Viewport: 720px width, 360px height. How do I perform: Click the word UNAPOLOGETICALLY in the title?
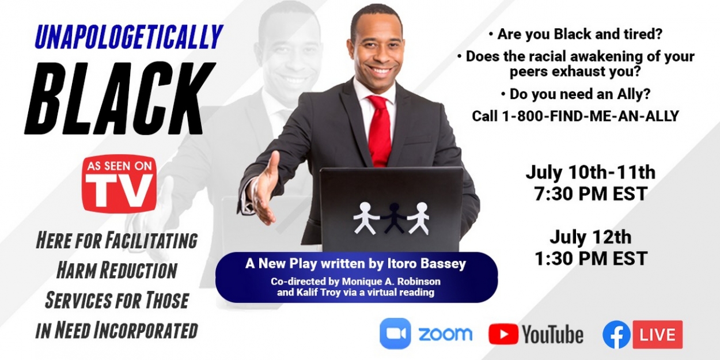(x=128, y=37)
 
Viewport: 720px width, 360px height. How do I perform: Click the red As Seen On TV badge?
(x=119, y=183)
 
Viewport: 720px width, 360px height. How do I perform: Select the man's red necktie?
(x=380, y=130)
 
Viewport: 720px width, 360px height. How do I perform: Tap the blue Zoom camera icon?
(x=395, y=334)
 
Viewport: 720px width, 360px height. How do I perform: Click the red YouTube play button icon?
(x=503, y=334)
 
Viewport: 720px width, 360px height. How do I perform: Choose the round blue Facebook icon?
(x=616, y=335)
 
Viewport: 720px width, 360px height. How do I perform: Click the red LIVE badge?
(x=657, y=335)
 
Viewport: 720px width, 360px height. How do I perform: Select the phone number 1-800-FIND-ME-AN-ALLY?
(x=575, y=116)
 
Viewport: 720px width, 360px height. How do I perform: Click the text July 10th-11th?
(x=590, y=172)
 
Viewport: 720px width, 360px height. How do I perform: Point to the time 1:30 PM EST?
(x=590, y=259)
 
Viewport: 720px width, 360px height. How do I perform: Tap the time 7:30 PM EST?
(x=590, y=194)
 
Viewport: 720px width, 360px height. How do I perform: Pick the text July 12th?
(x=590, y=237)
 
